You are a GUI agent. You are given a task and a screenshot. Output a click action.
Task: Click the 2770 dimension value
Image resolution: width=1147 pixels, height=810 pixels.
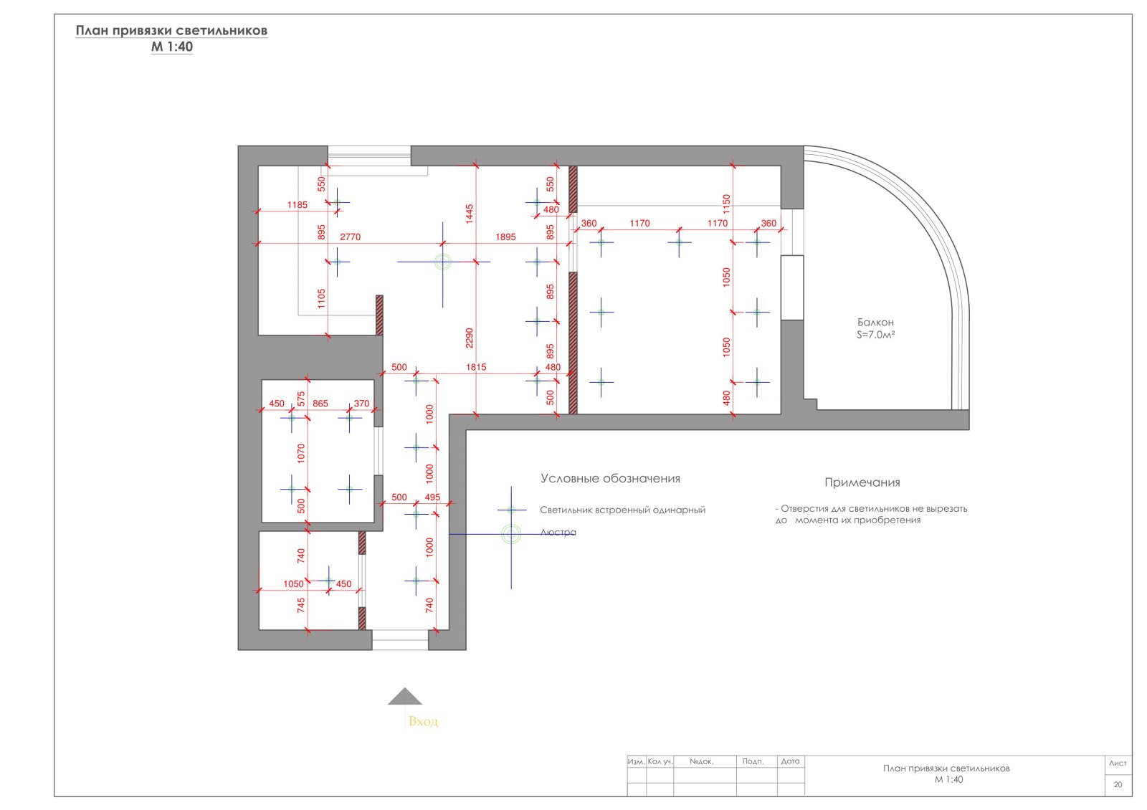(351, 237)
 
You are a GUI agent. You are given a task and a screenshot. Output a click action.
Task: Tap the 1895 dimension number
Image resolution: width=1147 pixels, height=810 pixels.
(505, 237)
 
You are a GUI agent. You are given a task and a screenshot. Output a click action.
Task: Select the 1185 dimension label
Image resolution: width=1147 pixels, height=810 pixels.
(297, 205)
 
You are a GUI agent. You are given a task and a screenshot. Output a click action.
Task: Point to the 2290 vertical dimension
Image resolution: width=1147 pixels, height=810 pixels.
(469, 338)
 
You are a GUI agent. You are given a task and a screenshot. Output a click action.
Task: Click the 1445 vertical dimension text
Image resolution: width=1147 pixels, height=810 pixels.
(469, 214)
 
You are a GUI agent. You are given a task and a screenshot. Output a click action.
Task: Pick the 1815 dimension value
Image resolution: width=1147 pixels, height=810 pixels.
(476, 367)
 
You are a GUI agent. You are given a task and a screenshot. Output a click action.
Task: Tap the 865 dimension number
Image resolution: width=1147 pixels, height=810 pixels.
(320, 404)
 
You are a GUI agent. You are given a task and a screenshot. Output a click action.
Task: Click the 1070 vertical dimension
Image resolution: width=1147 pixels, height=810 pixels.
(300, 454)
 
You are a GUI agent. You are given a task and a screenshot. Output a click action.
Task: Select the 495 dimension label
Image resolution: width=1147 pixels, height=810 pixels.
(432, 497)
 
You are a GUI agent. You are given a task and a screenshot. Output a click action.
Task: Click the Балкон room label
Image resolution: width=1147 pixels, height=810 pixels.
(875, 322)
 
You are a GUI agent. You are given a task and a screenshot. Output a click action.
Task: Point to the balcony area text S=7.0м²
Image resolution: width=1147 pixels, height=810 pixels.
(875, 335)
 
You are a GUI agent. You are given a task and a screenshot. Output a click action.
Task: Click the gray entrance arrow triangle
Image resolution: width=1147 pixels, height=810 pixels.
(404, 696)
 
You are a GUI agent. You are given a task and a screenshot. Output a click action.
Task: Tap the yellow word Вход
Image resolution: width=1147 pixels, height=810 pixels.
(423, 721)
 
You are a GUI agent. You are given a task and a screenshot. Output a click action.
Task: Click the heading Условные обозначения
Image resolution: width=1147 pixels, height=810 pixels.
(610, 478)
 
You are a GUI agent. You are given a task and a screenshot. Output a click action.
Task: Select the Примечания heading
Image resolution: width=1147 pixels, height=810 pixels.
(862, 482)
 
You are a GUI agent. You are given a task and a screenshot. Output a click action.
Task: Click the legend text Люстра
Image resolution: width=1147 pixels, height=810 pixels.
(558, 533)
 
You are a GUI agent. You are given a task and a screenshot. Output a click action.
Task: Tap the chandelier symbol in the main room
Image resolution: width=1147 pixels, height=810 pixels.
(443, 262)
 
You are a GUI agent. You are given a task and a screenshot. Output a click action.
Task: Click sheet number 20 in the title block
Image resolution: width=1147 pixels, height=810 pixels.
(1118, 784)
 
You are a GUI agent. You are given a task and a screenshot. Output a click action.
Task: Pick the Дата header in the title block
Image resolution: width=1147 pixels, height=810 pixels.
(790, 761)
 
